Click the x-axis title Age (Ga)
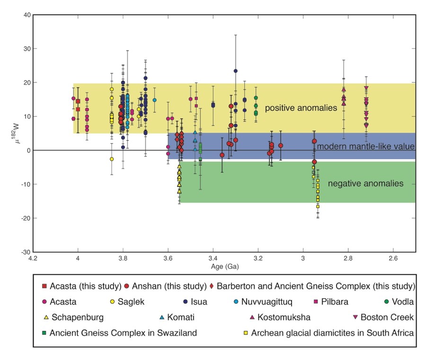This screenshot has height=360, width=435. click(224, 267)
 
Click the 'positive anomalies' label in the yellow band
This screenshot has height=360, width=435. click(301, 108)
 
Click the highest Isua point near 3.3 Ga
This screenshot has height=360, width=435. click(235, 71)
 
